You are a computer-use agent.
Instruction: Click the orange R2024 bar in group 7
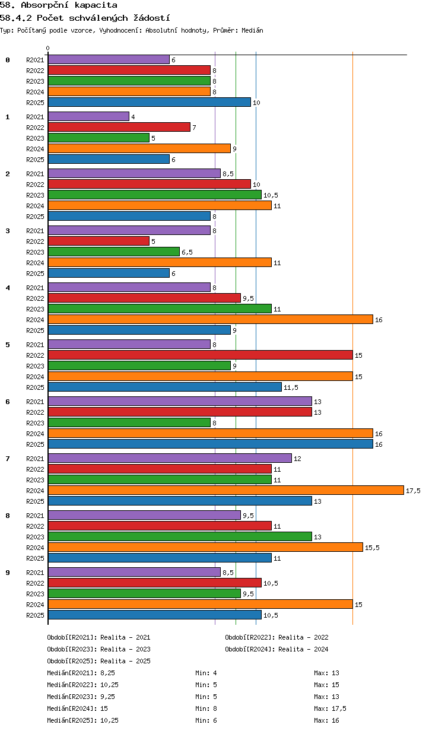click(x=225, y=490)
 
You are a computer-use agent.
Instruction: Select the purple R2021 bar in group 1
click(x=89, y=116)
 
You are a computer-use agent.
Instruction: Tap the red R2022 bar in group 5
click(x=201, y=355)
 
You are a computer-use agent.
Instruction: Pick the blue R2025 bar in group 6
click(x=211, y=444)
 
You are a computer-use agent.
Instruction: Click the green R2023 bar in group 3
click(x=114, y=252)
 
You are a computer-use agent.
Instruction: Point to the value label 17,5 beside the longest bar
click(x=413, y=491)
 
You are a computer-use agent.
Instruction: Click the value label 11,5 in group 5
click(x=291, y=387)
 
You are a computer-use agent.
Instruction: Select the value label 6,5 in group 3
click(x=187, y=252)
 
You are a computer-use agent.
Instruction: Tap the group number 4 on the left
click(x=8, y=288)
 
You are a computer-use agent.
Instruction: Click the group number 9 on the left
click(x=8, y=573)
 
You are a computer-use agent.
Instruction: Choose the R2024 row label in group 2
click(x=35, y=206)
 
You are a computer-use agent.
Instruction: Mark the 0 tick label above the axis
click(x=47, y=48)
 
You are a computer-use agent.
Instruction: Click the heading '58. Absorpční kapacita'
click(x=59, y=5)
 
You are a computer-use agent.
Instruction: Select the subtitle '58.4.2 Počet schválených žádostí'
click(x=85, y=18)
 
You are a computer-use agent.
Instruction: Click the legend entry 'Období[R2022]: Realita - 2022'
click(x=276, y=637)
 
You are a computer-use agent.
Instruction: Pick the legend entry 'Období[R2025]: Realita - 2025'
click(x=99, y=661)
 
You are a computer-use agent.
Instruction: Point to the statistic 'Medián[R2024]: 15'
click(x=77, y=708)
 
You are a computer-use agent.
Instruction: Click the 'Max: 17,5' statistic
click(x=330, y=708)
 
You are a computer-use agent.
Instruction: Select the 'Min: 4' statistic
click(x=206, y=673)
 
